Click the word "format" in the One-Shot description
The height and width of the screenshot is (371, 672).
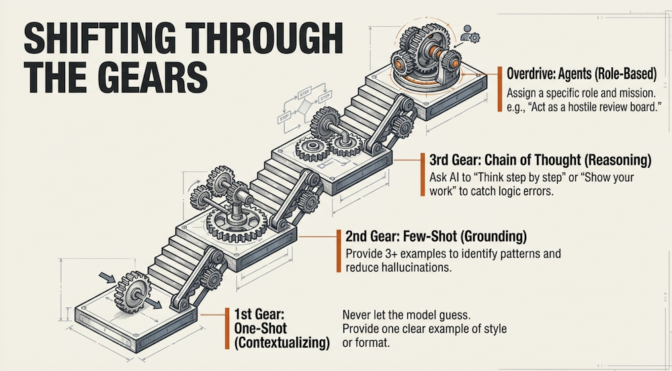click(x=374, y=344)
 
